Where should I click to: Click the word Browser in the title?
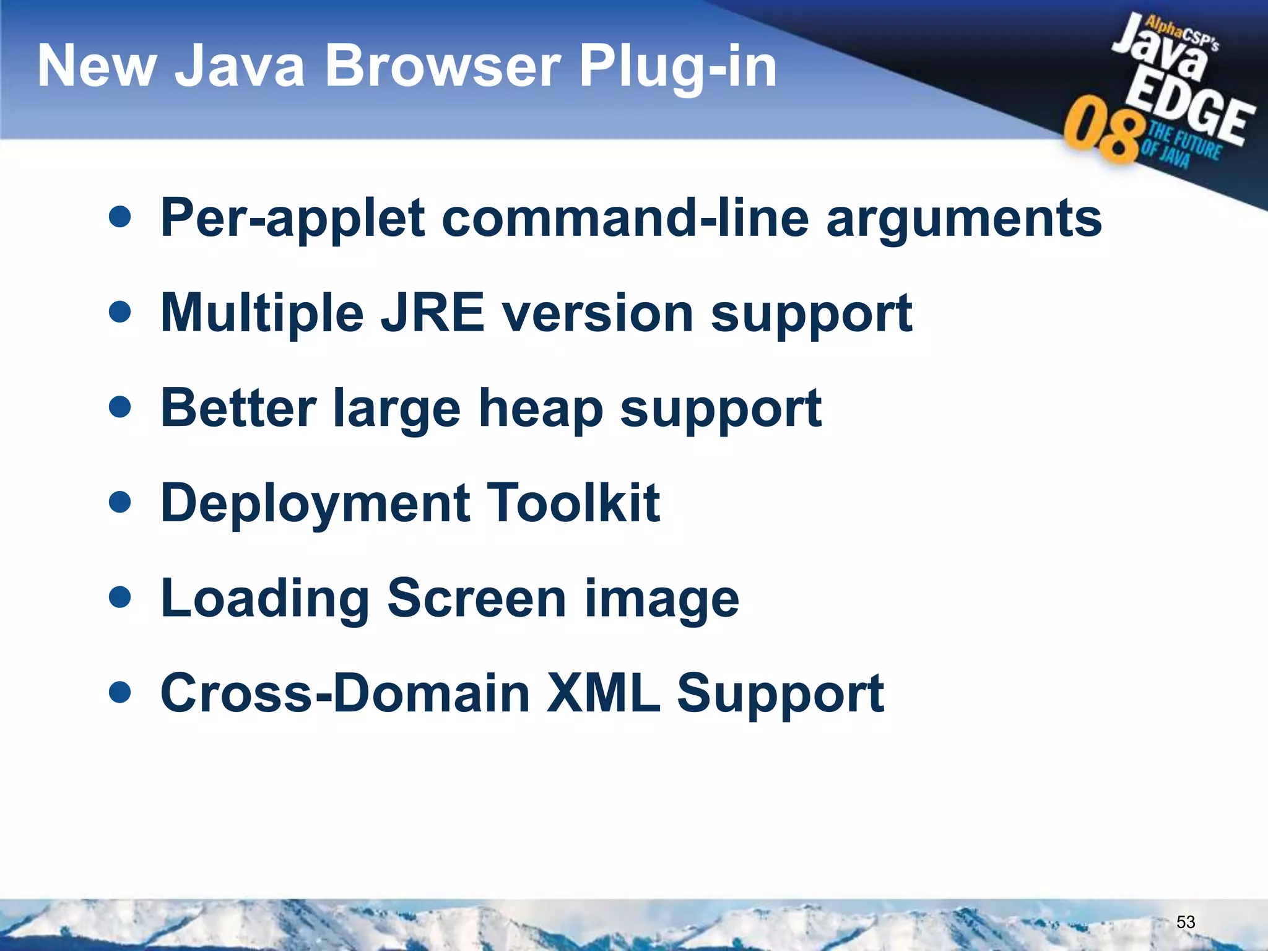[x=443, y=66]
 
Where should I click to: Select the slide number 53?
[x=1185, y=922]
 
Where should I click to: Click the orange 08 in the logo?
[x=1102, y=131]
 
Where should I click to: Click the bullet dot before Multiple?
[x=119, y=312]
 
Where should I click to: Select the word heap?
[x=541, y=409]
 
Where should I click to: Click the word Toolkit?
[x=573, y=503]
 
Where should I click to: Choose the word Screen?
[x=477, y=598]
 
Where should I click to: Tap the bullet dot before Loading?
[x=119, y=597]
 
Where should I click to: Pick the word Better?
[x=238, y=408]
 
